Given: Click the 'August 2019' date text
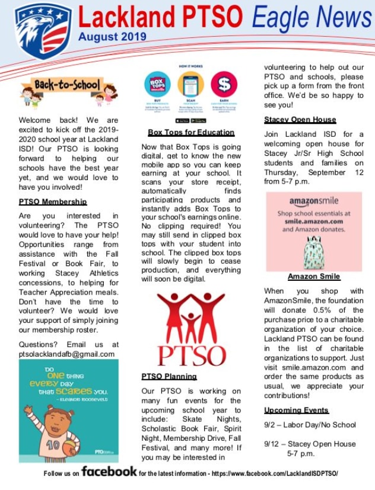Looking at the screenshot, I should point(112,37).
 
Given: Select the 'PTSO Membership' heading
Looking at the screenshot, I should point(53,202).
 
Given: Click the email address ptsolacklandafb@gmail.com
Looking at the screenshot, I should point(67,354).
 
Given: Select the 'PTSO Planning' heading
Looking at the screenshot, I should point(169,376).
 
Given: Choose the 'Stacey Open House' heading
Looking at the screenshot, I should point(300,119).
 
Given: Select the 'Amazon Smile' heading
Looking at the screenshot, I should point(314,276).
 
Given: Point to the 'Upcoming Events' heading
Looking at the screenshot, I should point(296,410).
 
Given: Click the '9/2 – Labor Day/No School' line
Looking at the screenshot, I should point(310,425).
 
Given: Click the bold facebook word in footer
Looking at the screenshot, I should point(109,472).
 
